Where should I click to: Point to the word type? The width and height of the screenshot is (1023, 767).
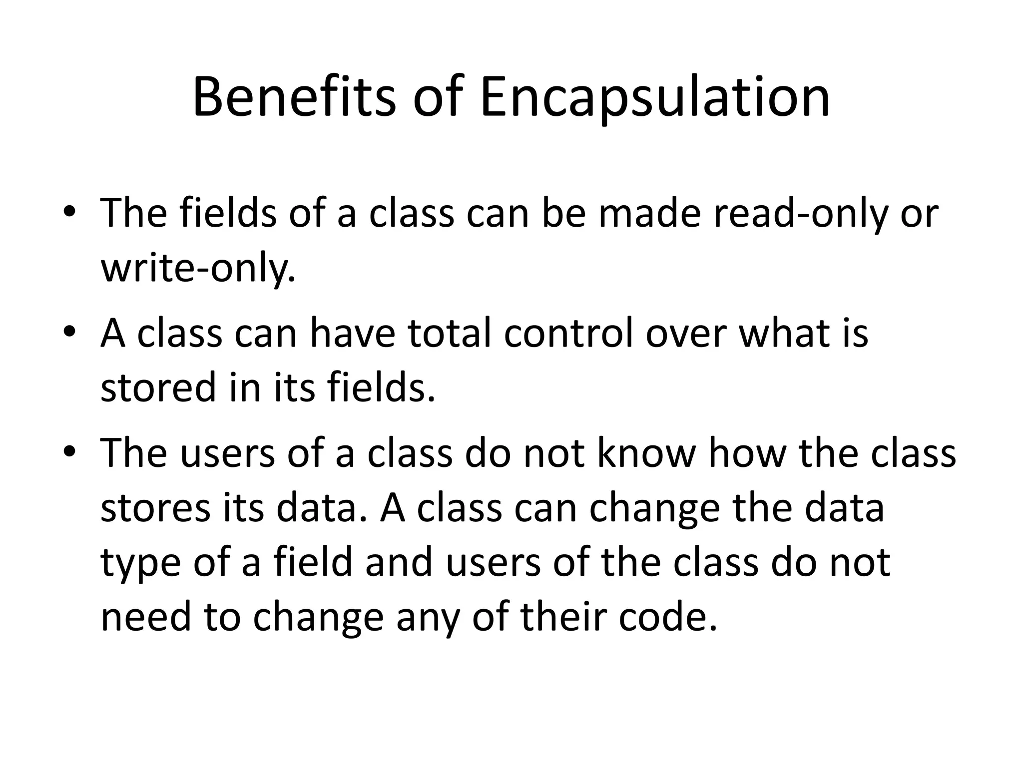[140, 563]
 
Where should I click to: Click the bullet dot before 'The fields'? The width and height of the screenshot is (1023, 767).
[69, 212]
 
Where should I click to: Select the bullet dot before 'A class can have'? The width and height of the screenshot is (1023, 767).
[69, 332]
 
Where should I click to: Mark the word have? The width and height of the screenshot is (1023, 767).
[352, 333]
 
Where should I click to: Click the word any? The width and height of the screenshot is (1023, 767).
[427, 618]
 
